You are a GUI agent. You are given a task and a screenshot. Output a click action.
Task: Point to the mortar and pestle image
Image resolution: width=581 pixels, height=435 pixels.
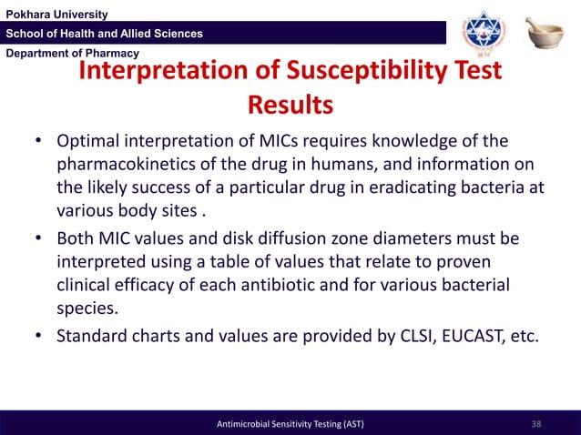tap(544, 35)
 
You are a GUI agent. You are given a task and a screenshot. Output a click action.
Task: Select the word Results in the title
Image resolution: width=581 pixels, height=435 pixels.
tap(290, 106)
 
